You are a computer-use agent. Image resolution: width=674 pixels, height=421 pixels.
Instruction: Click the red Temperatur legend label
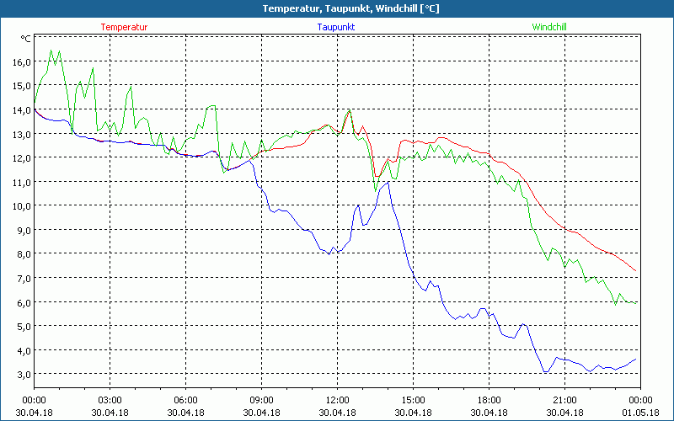pos(124,27)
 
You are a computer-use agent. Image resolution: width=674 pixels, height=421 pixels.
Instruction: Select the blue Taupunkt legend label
pos(335,27)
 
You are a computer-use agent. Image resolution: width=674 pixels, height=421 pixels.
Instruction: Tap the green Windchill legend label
pos(548,27)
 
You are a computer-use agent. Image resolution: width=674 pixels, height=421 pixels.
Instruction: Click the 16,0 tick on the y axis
pos(21,61)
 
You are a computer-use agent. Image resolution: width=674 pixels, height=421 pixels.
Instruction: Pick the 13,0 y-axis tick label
pos(21,134)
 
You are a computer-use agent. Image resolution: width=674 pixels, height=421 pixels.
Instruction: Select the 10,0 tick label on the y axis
pos(21,206)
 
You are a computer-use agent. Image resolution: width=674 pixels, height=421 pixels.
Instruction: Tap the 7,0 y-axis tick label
pos(21,278)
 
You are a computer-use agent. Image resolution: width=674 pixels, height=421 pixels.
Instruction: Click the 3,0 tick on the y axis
pos(21,374)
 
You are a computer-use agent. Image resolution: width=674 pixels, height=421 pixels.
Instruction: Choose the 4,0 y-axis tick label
pos(21,350)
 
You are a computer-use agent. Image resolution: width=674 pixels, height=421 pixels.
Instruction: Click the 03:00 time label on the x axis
pos(110,400)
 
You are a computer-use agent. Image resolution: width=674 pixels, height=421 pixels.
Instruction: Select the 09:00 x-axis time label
pos(261,400)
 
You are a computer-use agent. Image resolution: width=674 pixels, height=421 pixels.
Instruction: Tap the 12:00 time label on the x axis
pos(337,400)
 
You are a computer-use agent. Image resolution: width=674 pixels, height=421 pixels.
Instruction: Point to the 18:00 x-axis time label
pos(489,400)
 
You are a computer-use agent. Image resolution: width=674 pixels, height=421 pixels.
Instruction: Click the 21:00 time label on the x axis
pos(564,400)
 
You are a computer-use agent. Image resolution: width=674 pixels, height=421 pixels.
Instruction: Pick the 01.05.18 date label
pos(640,412)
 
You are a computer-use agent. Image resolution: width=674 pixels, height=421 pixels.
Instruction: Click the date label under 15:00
pos(413,412)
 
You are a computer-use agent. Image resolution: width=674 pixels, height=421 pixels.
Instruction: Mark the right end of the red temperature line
pos(636,271)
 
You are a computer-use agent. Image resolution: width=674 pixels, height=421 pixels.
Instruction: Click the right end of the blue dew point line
pos(636,360)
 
